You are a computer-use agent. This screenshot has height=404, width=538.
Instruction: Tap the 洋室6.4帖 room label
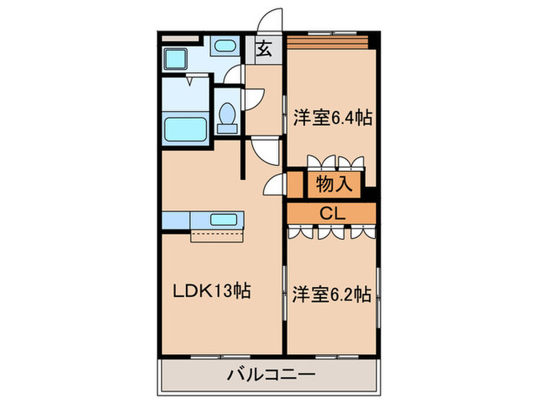pyautogui.click(x=333, y=119)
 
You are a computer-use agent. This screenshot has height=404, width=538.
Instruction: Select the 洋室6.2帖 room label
pyautogui.click(x=332, y=294)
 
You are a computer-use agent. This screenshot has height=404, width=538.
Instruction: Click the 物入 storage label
pyautogui.click(x=333, y=184)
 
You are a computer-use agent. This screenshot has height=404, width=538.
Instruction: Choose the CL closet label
pyautogui.click(x=332, y=212)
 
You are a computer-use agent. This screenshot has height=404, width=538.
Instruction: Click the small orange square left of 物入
pyautogui.click(x=295, y=184)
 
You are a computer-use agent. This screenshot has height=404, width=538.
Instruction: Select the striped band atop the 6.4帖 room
pyautogui.click(x=326, y=41)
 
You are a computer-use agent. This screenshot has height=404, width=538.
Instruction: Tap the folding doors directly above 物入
pyautogui.click(x=332, y=162)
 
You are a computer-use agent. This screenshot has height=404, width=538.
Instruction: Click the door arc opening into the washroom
pyautogui.click(x=234, y=75)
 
